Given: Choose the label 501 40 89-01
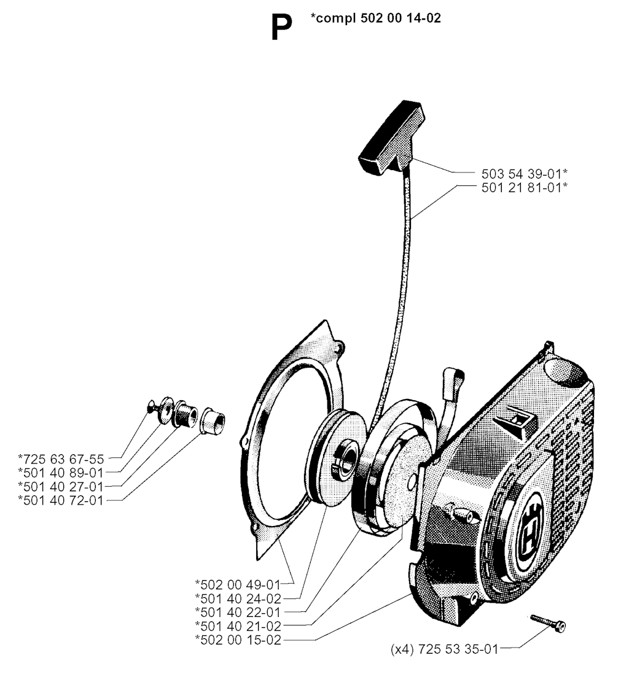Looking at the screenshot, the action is tap(61, 473).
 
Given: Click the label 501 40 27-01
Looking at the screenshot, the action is tap(61, 487).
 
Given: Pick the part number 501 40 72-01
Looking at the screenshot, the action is tap(61, 500).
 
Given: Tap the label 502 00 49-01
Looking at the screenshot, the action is tap(238, 584).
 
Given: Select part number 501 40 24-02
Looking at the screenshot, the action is tap(238, 598).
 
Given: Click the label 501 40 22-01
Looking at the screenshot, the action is tap(238, 612).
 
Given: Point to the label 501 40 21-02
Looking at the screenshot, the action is tap(238, 626).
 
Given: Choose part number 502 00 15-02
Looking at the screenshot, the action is tap(238, 640).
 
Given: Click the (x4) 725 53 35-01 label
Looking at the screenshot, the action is tap(444, 649).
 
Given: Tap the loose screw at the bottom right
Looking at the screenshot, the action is tap(548, 622).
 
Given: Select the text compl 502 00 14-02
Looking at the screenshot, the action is tap(375, 18).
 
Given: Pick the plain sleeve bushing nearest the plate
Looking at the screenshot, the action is tap(213, 419).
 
